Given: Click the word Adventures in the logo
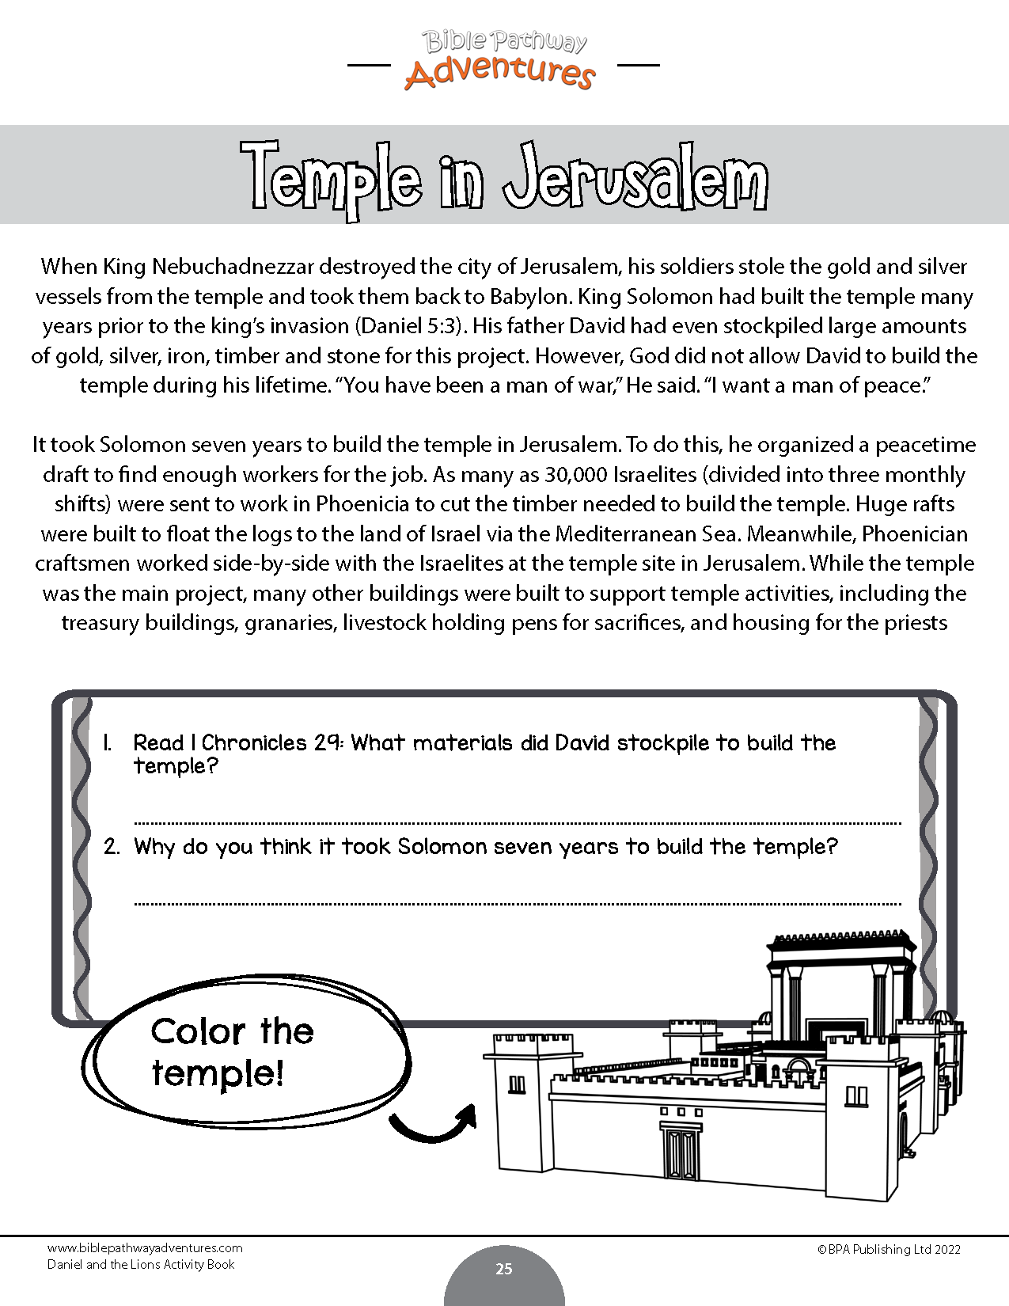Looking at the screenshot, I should [499, 72].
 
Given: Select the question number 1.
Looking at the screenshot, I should [107, 743].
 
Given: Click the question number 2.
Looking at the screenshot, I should [112, 847].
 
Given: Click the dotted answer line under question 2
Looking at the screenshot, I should [518, 902].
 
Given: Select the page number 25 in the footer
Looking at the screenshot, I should [504, 1269].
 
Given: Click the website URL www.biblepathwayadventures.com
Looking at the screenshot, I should [145, 1248].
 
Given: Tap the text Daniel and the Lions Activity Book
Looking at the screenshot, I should [141, 1265].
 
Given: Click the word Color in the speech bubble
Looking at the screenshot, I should [198, 1032].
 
